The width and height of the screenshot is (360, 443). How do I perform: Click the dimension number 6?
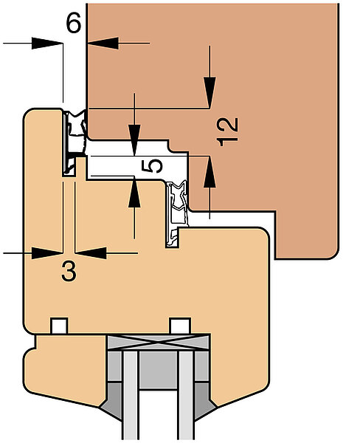74,23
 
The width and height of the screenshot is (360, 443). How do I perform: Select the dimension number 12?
227,132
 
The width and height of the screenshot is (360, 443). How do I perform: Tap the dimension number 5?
152,166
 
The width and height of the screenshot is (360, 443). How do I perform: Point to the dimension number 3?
69,271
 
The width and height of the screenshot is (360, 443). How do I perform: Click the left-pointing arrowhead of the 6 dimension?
103,44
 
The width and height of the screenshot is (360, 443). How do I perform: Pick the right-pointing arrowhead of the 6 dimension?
47,44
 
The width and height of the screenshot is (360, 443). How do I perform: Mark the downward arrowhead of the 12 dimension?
210,92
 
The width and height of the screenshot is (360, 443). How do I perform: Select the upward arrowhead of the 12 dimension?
210,171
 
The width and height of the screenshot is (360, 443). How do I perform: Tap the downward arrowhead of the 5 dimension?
135,140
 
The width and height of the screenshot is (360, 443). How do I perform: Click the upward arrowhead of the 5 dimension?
134,192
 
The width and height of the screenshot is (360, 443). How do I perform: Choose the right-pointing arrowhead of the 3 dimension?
47,253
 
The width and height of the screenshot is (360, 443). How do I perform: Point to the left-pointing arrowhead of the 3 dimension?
91,253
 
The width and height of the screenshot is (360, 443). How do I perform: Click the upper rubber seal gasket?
75,141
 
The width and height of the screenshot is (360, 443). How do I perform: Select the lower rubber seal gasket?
177,213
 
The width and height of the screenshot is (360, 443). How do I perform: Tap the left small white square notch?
59,326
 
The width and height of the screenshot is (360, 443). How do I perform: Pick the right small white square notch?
181,326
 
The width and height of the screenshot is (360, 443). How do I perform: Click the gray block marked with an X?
158,343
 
